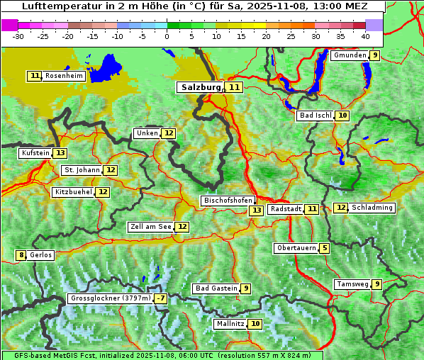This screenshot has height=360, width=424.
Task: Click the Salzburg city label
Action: point(200,87)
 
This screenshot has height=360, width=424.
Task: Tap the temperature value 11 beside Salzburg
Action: point(235,87)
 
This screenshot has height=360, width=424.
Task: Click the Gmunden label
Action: point(350,55)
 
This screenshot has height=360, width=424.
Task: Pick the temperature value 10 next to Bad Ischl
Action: point(342,116)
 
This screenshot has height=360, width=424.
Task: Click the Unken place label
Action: point(147,133)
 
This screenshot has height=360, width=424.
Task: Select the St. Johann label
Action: point(82,170)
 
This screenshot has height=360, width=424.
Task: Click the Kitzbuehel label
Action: point(74,192)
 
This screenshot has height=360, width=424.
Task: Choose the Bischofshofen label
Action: point(227,201)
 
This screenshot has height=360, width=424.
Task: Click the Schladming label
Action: point(372,208)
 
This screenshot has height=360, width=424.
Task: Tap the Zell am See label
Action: point(150,227)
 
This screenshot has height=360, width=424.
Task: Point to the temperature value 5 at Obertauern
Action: point(324,248)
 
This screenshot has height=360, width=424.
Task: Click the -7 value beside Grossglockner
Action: point(161,298)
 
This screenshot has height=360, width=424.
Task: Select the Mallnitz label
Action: point(230,324)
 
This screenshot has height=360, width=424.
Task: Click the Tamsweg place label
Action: point(352,284)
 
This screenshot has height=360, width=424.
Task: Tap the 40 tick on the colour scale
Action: point(364,36)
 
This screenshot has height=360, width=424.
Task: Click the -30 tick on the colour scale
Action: point(18,36)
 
